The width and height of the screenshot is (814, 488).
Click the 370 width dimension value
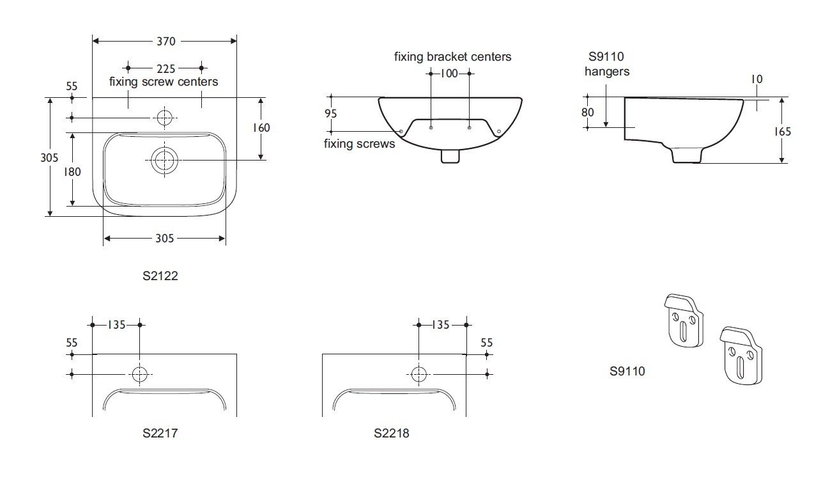click(166, 42)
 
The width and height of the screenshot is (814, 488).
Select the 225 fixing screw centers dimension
click(165, 68)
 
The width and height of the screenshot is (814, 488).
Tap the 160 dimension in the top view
click(261, 128)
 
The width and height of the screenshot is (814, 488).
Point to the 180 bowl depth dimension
click(72, 171)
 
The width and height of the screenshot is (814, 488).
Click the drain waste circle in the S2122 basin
click(164, 161)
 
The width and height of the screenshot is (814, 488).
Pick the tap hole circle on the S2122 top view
click(164, 118)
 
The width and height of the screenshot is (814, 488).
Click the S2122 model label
click(160, 276)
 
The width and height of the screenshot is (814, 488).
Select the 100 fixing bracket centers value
click(449, 74)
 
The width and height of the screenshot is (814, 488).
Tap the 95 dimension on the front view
click(331, 113)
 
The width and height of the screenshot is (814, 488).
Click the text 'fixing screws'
click(359, 144)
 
